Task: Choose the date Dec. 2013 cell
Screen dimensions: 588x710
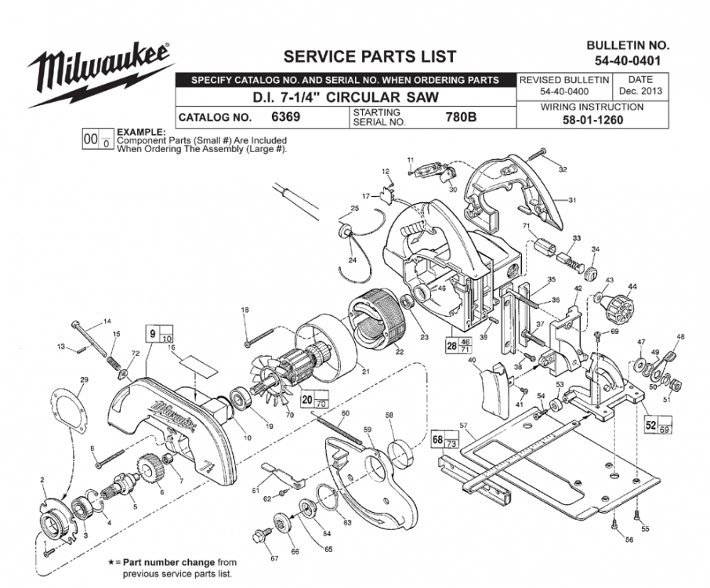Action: tap(640, 85)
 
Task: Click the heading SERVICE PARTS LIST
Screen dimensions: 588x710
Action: tap(369, 56)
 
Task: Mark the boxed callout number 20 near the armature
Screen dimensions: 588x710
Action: tap(307, 398)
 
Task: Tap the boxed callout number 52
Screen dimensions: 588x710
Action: tap(650, 424)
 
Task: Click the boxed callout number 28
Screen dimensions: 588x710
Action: tap(451, 343)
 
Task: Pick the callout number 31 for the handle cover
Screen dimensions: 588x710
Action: tap(572, 200)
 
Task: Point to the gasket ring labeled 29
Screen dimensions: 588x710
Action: tap(72, 407)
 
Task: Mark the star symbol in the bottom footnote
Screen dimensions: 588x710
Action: tap(110, 563)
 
